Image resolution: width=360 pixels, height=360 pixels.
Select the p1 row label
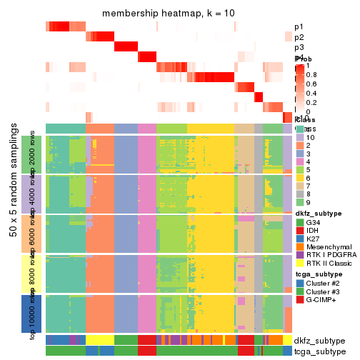pyautogui.click(x=299, y=27)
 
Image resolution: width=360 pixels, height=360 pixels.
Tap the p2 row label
pyautogui.click(x=299, y=37)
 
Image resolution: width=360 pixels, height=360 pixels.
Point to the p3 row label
pyautogui.click(x=299, y=47)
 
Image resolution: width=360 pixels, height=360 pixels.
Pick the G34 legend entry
pyautogui.click(x=315, y=223)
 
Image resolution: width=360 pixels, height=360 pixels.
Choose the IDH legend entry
pyautogui.click(x=314, y=233)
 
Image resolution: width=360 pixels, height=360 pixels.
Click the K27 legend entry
pyautogui.click(x=314, y=242)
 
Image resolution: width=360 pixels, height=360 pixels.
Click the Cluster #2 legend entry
pyautogui.click(x=326, y=292)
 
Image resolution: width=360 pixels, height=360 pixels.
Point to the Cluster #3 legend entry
pyautogui.click(x=326, y=302)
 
